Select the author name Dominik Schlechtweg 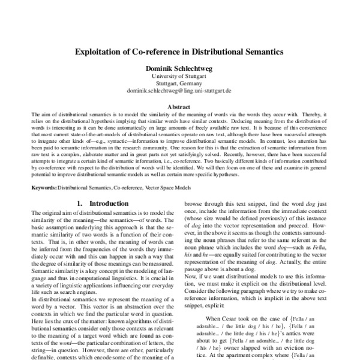(179, 68)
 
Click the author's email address (179, 90)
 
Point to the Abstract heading (179, 106)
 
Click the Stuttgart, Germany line (179, 83)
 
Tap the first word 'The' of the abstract (34, 113)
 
